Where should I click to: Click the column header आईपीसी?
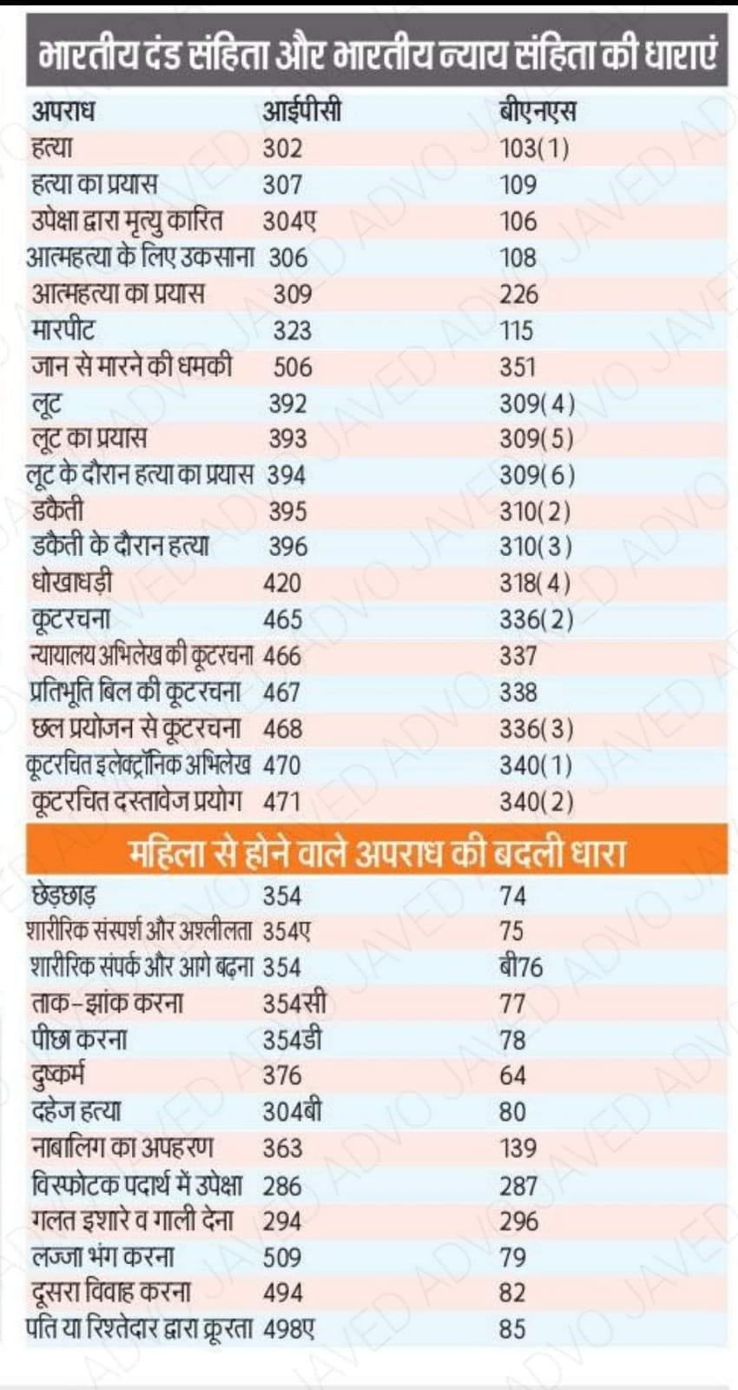click(x=301, y=112)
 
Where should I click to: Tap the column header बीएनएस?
click(x=537, y=112)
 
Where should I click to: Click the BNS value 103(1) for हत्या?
click(x=534, y=149)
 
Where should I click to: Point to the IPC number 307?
click(x=283, y=185)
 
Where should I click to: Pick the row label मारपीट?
click(x=63, y=331)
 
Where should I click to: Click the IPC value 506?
click(x=293, y=367)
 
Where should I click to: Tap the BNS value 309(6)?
click(x=537, y=475)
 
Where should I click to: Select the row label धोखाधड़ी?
click(x=71, y=583)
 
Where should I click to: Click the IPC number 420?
click(x=283, y=583)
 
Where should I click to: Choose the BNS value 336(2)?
click(x=536, y=619)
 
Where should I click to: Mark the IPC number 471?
click(x=282, y=801)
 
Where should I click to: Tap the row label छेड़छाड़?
click(x=64, y=896)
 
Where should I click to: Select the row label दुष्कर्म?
click(x=58, y=1076)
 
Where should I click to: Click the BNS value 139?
click(x=518, y=1148)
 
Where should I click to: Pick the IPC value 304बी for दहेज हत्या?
click(x=293, y=1112)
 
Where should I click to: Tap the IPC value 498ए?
click(x=289, y=1329)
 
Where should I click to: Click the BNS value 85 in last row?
click(x=512, y=1329)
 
